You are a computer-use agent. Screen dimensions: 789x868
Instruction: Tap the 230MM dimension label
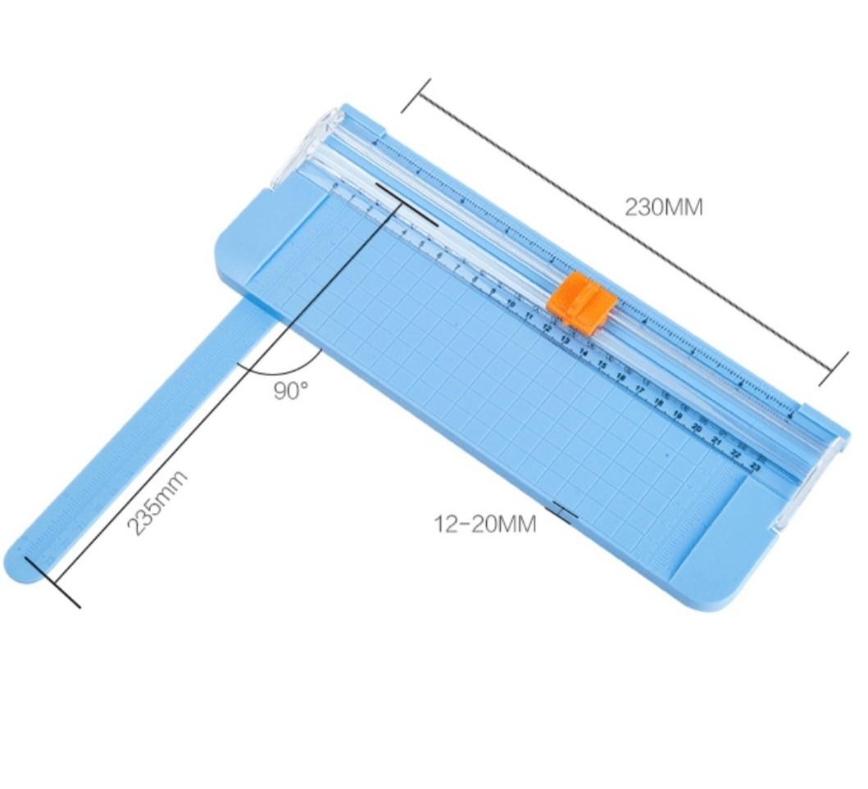tap(664, 206)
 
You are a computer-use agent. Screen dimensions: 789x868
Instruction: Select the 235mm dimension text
tap(158, 503)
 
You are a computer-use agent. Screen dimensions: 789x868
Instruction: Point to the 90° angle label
tap(291, 391)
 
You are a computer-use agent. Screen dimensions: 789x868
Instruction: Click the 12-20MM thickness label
tap(485, 524)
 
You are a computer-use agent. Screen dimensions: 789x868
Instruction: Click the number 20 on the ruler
tap(697, 428)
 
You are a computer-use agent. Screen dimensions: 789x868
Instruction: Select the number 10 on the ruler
tap(511, 304)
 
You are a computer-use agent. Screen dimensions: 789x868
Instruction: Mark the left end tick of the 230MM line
tap(416, 96)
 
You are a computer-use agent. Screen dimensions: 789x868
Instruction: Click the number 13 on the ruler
tap(565, 339)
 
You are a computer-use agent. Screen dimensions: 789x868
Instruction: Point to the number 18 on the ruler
tap(658, 402)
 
